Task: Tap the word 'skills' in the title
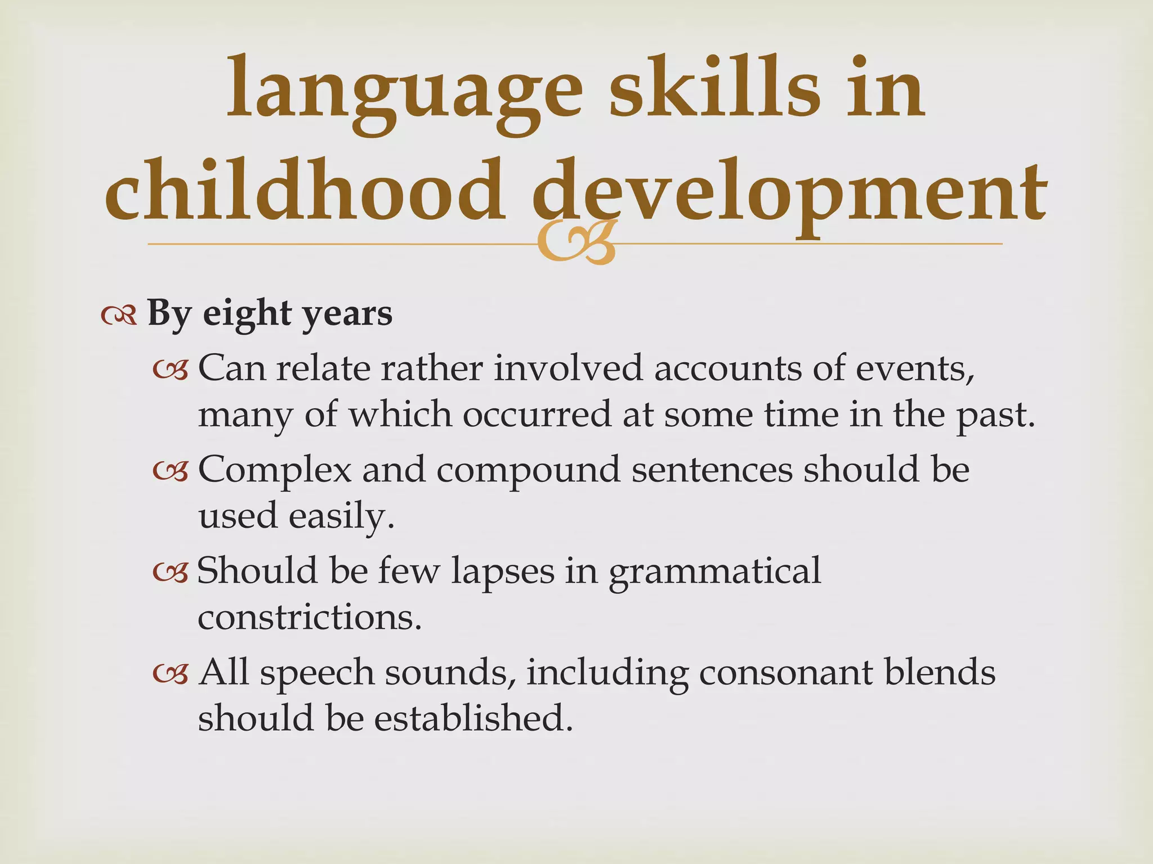click(x=715, y=90)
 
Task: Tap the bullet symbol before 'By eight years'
click(x=119, y=316)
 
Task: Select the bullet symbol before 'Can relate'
click(x=170, y=370)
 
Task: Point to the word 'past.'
click(x=996, y=415)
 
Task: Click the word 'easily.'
click(x=341, y=516)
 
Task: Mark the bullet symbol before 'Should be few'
click(x=170, y=573)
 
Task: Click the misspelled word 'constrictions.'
click(x=310, y=617)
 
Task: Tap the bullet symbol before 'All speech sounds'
click(x=170, y=674)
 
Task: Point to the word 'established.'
click(x=473, y=718)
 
